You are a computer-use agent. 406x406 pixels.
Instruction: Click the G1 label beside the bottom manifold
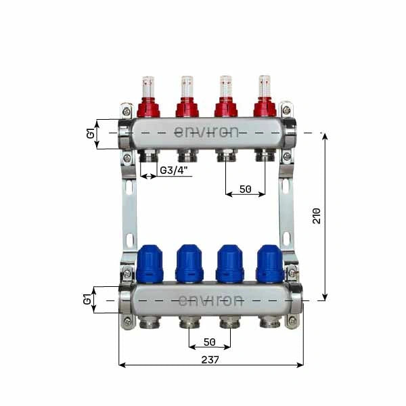click(x=87, y=299)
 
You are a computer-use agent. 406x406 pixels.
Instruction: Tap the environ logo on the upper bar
click(x=206, y=132)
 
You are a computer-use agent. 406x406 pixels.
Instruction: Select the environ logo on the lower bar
click(x=210, y=300)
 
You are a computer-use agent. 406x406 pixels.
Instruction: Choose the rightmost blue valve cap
click(x=269, y=263)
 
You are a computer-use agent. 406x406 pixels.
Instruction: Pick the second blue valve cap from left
click(x=189, y=263)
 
